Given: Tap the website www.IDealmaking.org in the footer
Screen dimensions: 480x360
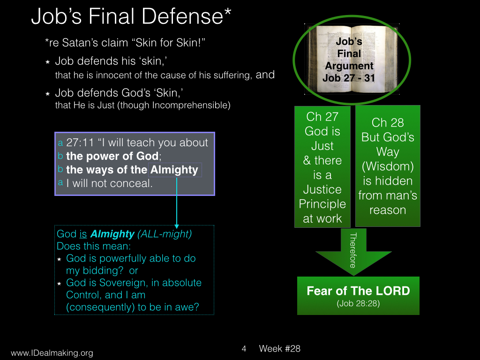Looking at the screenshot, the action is tap(52, 353).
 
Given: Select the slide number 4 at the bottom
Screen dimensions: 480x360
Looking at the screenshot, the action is tap(244, 349).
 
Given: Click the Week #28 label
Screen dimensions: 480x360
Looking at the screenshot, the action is tap(279, 349).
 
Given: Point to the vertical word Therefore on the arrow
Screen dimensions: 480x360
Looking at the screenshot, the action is tap(353, 250).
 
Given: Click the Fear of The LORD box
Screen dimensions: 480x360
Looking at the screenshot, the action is tap(358, 296).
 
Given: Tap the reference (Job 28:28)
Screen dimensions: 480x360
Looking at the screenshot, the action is tap(358, 303).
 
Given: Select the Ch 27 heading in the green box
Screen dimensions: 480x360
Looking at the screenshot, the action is tap(322, 117).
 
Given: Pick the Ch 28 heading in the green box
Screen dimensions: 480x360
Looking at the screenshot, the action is tap(388, 122).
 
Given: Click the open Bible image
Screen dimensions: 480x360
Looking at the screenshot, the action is tap(352, 59).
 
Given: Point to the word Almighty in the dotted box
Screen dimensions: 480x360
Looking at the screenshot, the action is tap(174, 170).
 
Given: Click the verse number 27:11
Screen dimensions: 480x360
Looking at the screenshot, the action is tap(80, 142).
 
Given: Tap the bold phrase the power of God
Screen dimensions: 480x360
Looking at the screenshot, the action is tap(112, 156).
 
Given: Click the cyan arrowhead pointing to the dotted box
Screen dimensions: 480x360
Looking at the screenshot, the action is tap(177, 226).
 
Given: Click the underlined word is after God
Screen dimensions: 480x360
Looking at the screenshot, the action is tap(83, 234).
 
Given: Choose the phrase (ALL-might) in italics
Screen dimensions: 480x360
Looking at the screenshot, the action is tap(165, 234).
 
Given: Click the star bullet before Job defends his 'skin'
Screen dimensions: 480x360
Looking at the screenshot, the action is tap(47, 62).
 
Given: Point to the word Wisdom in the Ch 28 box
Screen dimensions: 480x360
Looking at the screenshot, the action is tap(388, 166).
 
